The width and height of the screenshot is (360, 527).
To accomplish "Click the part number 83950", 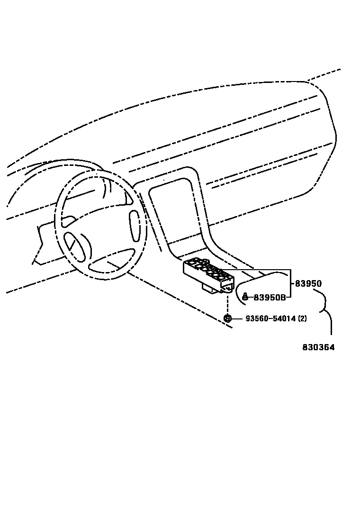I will pyautogui.click(x=308, y=284).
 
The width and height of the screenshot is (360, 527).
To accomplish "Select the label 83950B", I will pyautogui.click(x=270, y=298).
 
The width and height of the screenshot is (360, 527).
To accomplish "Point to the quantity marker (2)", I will pyautogui.click(x=302, y=318).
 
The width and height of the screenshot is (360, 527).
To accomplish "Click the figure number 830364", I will pyautogui.click(x=318, y=347).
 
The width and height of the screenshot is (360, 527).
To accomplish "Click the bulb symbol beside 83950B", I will pyautogui.click(x=245, y=297).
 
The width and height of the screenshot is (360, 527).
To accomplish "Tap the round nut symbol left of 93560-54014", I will pyautogui.click(x=227, y=318).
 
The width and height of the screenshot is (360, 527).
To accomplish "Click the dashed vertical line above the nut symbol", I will pyautogui.click(x=227, y=303).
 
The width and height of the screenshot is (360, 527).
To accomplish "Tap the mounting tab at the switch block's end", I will pyautogui.click(x=229, y=286).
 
